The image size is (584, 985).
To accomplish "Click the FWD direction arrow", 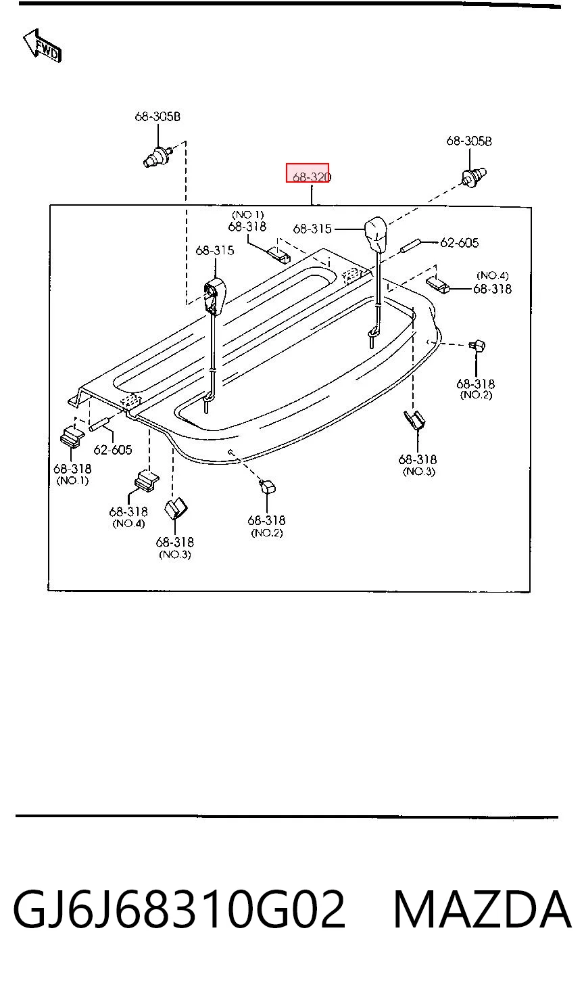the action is pos(42,45).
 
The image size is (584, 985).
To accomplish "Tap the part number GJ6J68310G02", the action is pos(179,910).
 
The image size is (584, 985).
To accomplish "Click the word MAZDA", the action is pos(482,910).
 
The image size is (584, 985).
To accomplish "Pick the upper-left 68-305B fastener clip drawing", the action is pos(157,156).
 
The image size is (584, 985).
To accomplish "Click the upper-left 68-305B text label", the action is pos(157,116).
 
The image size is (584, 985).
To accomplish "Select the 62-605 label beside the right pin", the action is pos(459,243).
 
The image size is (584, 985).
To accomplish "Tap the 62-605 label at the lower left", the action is pos(112,449).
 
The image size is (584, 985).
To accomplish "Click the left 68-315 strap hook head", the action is pos(215,294).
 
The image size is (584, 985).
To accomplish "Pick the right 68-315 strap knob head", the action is pos(376,234).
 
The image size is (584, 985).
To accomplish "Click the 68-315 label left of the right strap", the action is pos(312,229).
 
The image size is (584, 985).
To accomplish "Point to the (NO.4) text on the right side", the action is pos(493,276).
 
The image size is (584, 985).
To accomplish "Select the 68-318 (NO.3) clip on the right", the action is pos(414,419).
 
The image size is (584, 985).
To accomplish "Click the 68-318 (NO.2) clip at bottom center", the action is pos(267,487).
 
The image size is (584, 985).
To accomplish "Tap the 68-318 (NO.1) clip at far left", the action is pos(72,436).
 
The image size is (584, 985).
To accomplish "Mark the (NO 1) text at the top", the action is pos(248,214).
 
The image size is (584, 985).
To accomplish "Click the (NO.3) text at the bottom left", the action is pos(175,555).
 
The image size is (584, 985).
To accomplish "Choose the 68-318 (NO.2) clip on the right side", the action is pos(477,346).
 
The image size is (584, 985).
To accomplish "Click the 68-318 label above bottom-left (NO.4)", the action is pos(128,512).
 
